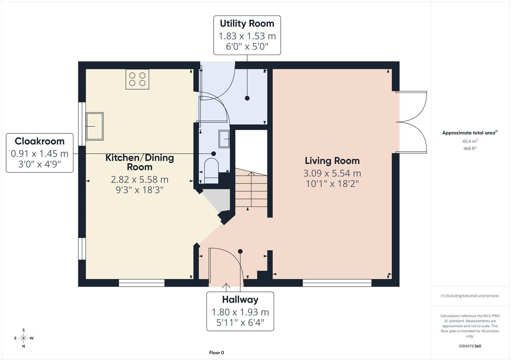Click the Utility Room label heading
(247, 24)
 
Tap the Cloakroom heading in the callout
(40, 141)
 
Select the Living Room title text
(332, 161)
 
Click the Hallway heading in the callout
(240, 300)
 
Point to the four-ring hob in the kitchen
(137, 79)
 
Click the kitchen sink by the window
(95, 126)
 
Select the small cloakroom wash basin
(224, 139)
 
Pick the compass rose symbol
(24, 338)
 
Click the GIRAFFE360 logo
(470, 346)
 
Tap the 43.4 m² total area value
(470, 141)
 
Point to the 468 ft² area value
(470, 148)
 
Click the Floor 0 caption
(217, 353)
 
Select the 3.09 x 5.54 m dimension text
(332, 174)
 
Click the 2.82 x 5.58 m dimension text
(140, 180)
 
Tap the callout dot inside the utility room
(247, 98)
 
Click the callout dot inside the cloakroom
(214, 154)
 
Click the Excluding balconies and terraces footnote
(470, 296)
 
